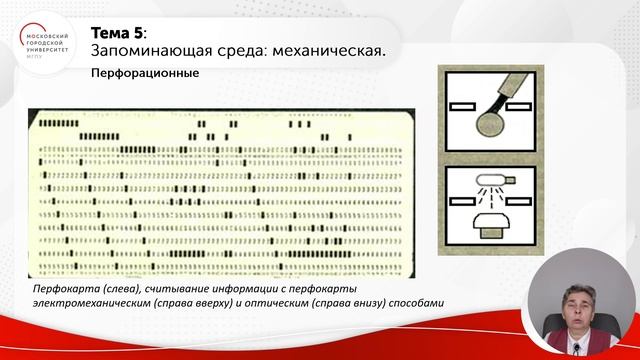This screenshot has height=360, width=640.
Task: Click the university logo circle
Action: (x=45, y=44)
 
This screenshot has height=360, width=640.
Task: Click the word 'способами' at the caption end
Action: (x=413, y=303)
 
